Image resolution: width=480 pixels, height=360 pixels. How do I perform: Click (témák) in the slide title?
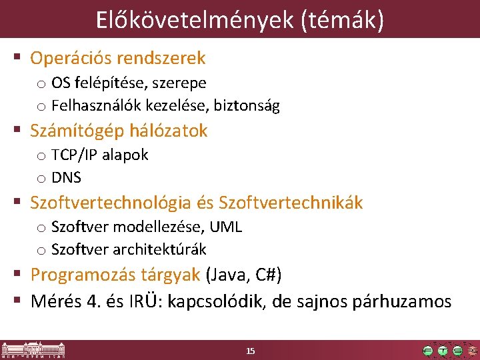click(343, 20)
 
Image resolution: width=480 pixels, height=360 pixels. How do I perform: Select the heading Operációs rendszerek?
click(118, 58)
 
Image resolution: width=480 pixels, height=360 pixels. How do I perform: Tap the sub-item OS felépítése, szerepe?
click(129, 83)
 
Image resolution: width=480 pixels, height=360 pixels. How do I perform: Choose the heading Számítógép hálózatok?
click(119, 131)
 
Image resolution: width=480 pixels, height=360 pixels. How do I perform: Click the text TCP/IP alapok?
click(99, 155)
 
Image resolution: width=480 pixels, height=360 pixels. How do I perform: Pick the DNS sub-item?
click(66, 177)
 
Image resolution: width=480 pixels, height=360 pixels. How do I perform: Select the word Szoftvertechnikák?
click(291, 203)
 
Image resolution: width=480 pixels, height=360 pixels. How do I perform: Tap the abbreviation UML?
click(226, 227)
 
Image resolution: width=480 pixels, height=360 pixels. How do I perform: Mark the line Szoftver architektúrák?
click(129, 249)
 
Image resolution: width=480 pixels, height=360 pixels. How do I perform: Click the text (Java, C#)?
click(244, 275)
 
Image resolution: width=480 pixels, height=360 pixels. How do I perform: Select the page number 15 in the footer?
click(251, 351)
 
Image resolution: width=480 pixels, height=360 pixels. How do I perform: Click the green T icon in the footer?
click(442, 351)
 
